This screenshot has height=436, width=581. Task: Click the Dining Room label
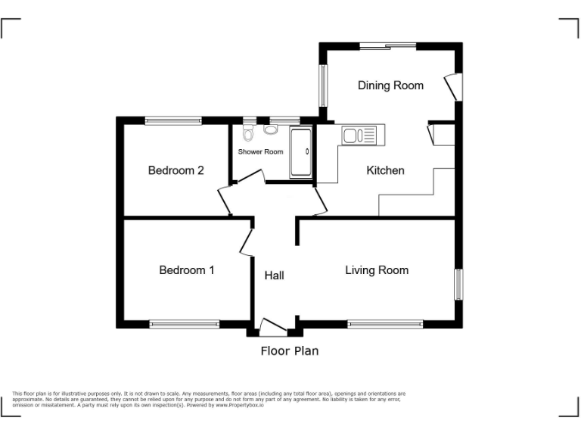coord(390,86)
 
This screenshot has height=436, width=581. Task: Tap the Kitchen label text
coord(385,170)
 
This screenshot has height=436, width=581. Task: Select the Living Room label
coord(377,270)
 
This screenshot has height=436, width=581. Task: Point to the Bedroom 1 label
coord(187,270)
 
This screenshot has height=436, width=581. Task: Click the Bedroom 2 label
coord(176,170)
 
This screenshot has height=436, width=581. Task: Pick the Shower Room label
coord(261,151)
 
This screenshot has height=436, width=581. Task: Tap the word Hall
coord(274,276)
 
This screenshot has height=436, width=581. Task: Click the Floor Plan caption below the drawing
coord(290,350)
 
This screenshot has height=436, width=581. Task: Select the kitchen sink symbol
coord(359,135)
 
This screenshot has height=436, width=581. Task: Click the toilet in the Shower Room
coord(248,133)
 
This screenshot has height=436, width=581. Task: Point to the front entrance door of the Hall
coord(272,327)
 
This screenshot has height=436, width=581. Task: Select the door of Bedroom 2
coord(225,201)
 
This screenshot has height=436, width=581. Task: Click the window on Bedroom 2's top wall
coord(173,120)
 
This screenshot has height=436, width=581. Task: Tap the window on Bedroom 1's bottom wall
coord(185,324)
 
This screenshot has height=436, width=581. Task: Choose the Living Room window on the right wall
coord(458,284)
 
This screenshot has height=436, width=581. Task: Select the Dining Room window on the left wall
coord(322,85)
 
